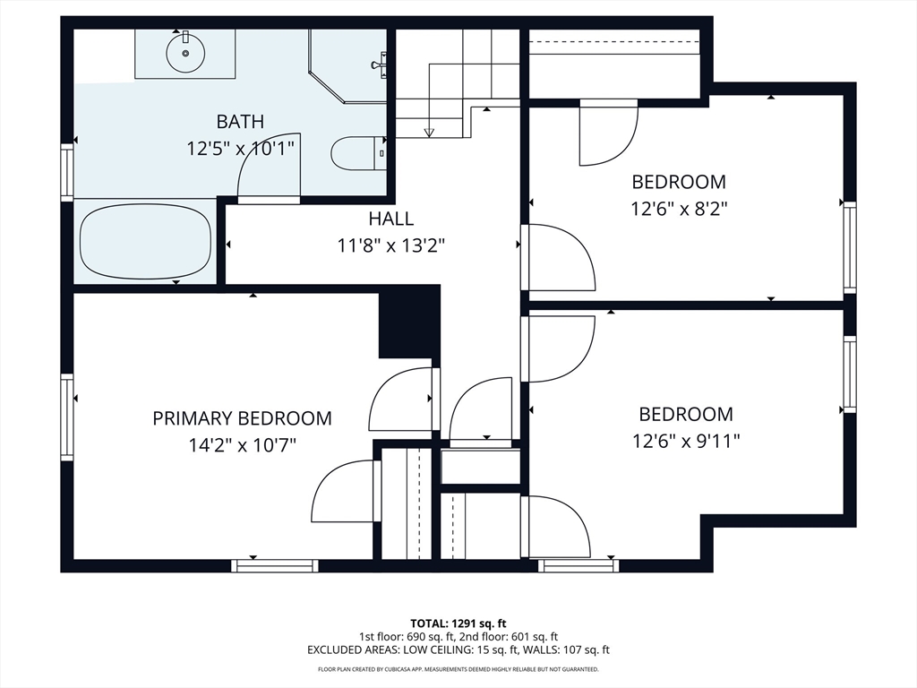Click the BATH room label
tap(240, 122)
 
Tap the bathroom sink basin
tap(185, 53)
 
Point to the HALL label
tap(391, 219)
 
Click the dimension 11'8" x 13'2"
tap(391, 245)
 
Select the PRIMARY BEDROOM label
tap(242, 418)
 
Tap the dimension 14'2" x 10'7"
tap(242, 444)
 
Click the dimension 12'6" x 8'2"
tap(679, 208)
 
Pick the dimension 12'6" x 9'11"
tap(686, 441)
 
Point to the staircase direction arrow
tap(429, 131)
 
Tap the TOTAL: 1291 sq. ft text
tap(458, 623)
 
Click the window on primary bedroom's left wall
tap(67, 417)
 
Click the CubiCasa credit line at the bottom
tap(458, 669)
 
